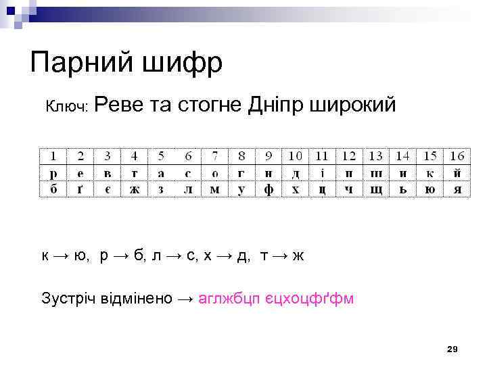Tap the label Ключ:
[67, 107]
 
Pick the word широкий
[352, 106]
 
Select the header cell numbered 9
[268, 156]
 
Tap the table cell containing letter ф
[268, 189]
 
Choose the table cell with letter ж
[134, 189]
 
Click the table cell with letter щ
[375, 189]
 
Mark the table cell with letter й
[457, 173]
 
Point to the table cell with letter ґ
[80, 189]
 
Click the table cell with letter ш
[375, 173]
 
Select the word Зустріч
[68, 298]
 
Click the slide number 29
[453, 349]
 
